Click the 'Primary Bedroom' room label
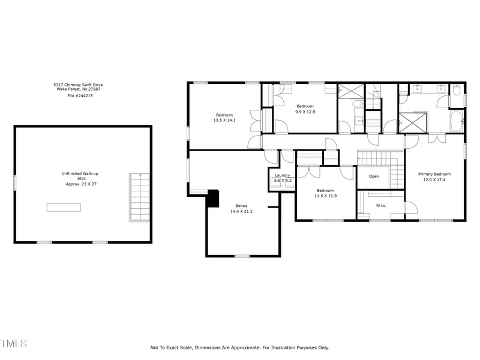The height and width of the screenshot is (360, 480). [x=434, y=174]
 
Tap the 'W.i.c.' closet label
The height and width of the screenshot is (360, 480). [x=380, y=206]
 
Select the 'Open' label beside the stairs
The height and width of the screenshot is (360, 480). [x=374, y=176]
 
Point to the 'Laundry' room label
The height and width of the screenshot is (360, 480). [x=283, y=175]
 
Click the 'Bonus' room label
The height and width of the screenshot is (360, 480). [x=241, y=206]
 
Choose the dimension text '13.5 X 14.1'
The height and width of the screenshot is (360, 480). [x=224, y=120]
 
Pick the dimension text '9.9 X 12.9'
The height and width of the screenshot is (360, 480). [x=305, y=112]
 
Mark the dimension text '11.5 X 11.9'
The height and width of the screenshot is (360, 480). [x=326, y=196]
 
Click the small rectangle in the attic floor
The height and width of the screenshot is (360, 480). [x=64, y=207]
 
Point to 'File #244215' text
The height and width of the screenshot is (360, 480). [x=80, y=95]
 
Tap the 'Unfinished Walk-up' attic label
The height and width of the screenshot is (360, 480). [x=80, y=173]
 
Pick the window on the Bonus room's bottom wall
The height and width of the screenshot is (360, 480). [x=242, y=256]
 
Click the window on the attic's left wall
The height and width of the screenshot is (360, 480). [x=15, y=182]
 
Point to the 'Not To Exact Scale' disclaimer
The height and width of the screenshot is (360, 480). [x=240, y=347]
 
